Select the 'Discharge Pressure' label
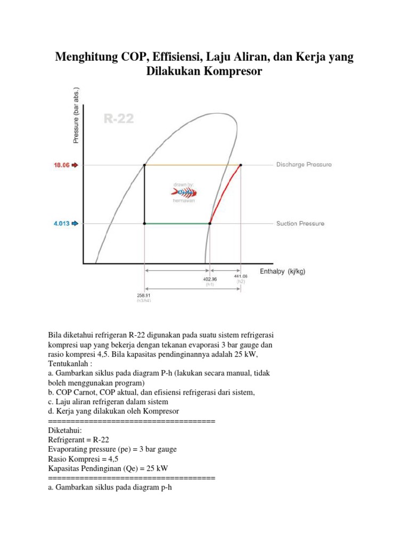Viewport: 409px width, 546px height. tap(304, 165)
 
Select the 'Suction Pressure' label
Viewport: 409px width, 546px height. tap(300, 223)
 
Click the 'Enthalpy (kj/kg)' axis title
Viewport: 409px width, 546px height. tap(282, 271)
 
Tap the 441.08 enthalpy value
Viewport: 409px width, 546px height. tap(241, 276)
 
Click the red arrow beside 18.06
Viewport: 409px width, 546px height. tap(75, 165)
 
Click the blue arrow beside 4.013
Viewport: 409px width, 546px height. tap(75, 223)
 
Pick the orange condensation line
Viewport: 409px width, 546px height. tap(192, 165)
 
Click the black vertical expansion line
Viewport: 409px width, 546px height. tap(144, 195)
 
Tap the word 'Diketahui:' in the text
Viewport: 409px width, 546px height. tap(65, 430)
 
